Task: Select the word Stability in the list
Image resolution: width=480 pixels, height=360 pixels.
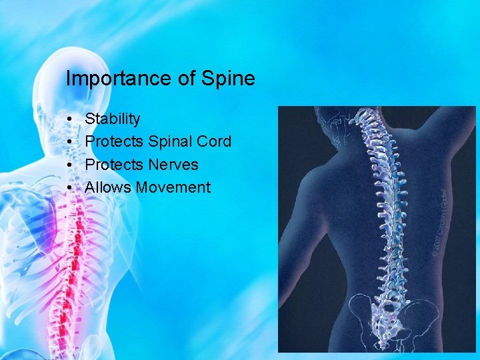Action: (113, 119)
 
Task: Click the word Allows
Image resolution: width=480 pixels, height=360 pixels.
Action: (108, 187)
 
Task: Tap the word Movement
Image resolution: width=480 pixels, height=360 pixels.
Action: (173, 187)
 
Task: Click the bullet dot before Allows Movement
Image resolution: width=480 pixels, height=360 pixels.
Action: (70, 188)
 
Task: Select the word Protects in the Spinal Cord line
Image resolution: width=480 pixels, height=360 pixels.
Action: (114, 142)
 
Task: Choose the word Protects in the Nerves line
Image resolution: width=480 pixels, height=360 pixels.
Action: (114, 165)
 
